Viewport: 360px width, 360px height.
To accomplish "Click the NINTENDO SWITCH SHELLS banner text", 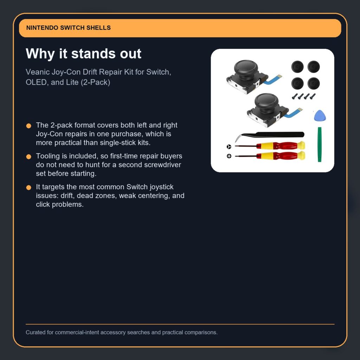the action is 69,28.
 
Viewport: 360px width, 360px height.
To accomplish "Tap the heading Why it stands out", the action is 83,54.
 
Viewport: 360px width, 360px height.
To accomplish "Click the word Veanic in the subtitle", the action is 37,72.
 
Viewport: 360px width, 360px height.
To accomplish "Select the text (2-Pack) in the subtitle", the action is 95,82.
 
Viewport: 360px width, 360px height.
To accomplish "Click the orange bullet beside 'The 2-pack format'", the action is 29,126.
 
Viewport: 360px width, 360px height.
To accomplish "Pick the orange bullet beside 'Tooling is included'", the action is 29,156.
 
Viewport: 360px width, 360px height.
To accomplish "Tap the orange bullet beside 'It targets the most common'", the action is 29,188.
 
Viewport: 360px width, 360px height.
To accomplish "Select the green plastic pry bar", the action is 319,144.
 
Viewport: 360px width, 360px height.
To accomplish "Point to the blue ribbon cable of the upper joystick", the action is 272,79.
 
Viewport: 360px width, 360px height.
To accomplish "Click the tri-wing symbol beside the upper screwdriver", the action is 229,147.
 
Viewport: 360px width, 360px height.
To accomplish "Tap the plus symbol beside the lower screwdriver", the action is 229,156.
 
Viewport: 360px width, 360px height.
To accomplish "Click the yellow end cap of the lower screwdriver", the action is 301,155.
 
